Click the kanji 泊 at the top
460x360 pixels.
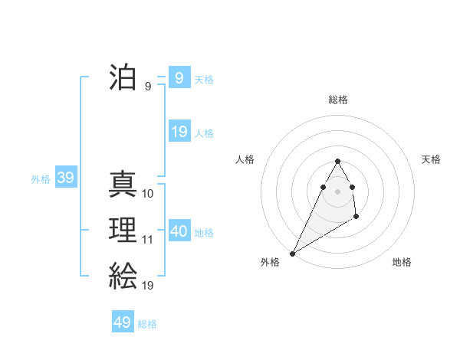[123, 78]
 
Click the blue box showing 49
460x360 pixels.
[123, 322]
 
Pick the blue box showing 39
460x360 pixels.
[65, 178]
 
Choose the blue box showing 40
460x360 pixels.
[179, 231]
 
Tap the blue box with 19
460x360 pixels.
[179, 132]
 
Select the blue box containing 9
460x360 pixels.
[179, 78]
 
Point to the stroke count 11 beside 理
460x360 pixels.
[148, 240]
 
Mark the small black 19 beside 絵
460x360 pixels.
[148, 286]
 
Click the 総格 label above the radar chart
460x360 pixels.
[337, 100]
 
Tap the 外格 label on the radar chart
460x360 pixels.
[270, 262]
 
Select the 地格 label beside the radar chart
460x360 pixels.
[402, 262]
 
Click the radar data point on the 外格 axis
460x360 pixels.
[293, 254]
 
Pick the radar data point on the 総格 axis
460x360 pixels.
[337, 161]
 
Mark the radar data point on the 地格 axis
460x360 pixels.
[356, 218]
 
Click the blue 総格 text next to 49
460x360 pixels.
[147, 324]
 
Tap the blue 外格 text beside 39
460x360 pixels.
[41, 179]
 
